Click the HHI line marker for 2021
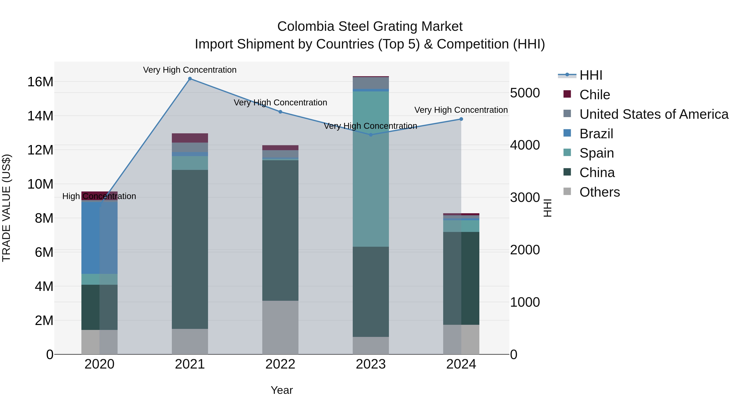click(x=190, y=79)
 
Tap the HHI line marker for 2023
click(x=371, y=135)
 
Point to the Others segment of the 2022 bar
click(x=280, y=327)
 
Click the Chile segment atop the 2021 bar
click(x=190, y=138)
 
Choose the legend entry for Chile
click(x=594, y=95)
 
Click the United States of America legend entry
click(x=653, y=114)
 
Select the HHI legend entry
click(x=590, y=75)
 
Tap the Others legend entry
click(x=599, y=192)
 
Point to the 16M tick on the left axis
click(x=40, y=82)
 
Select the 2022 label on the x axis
click(x=280, y=364)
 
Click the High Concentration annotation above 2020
click(x=99, y=196)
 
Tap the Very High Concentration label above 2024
click(x=461, y=110)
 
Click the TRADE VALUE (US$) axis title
click(x=6, y=208)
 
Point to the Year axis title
click(x=282, y=390)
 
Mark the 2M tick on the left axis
click(x=44, y=320)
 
